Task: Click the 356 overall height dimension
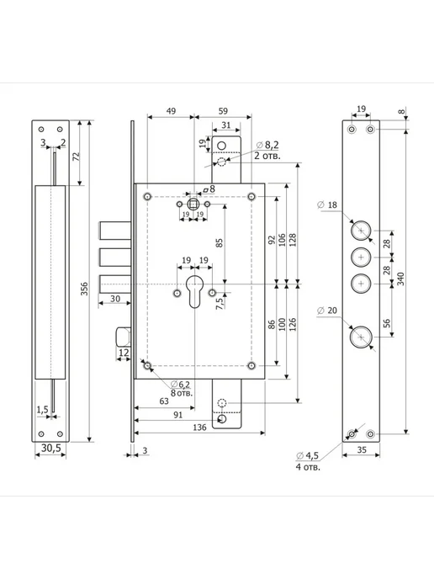pos(84,289)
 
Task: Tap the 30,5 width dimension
pos(51,448)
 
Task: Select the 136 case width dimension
pos(199,428)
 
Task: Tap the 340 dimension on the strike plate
pos(401,279)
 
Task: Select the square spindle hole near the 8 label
pos(193,204)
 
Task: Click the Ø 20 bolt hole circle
pos(361,337)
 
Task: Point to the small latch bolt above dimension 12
pos(124,337)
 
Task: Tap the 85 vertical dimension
pos(220,243)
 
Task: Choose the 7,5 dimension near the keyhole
pos(220,303)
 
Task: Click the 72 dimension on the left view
pos(77,157)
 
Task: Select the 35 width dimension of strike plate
pos(362,449)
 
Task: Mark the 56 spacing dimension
pos(386,323)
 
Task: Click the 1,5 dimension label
pos(42,410)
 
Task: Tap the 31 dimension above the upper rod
pos(226,125)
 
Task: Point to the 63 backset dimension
pos(164,401)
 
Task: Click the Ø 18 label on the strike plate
pos(327,205)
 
